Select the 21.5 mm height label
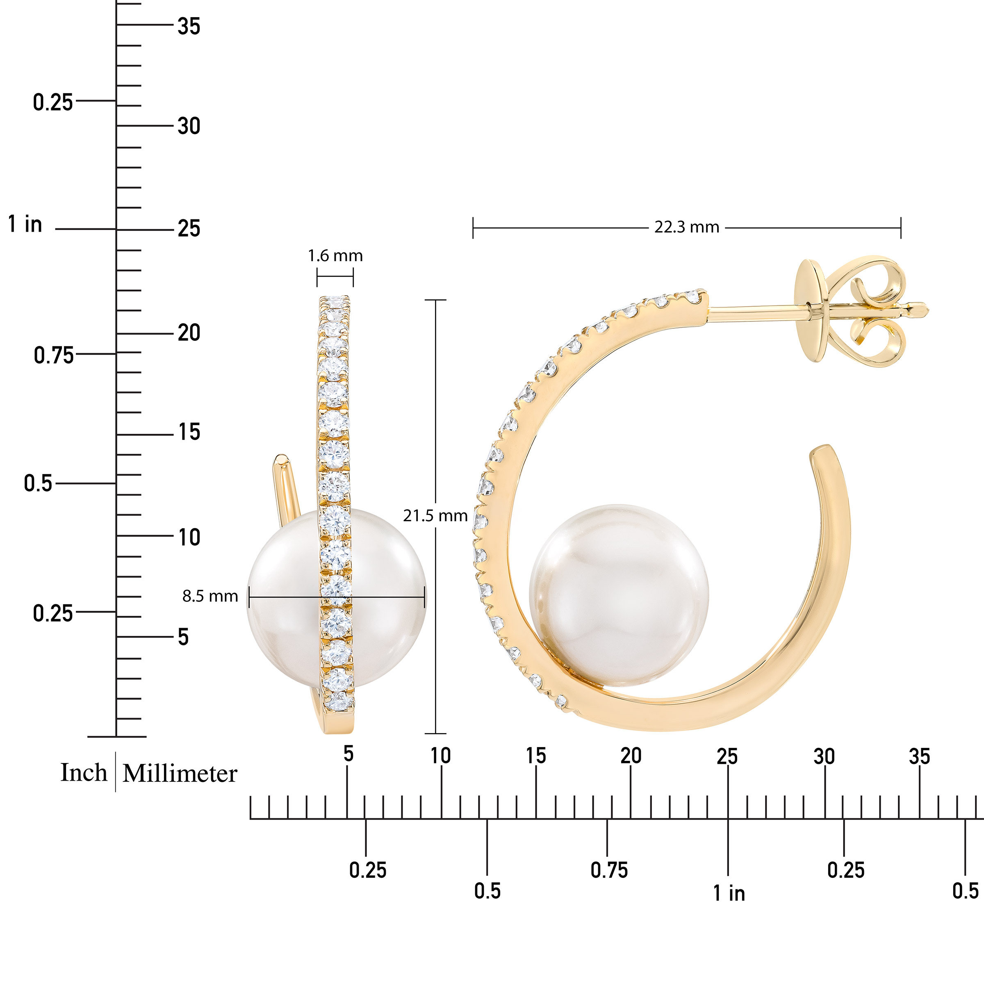pos(435,515)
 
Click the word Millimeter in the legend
pos(180,774)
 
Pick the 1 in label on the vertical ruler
pos(25,224)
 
